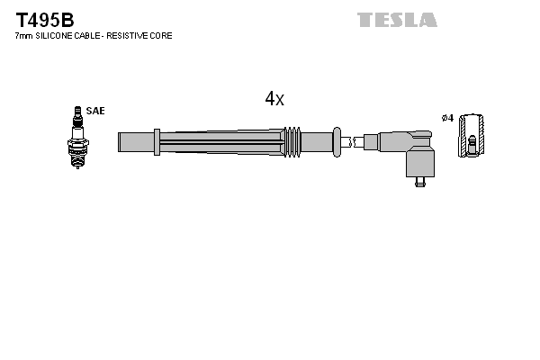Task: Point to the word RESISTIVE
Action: pyautogui.click(x=132, y=36)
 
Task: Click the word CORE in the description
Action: pyautogui.click(x=162, y=36)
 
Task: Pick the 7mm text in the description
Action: pyautogui.click(x=23, y=36)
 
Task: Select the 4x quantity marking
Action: pyautogui.click(x=274, y=100)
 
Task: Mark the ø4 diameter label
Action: pyautogui.click(x=447, y=117)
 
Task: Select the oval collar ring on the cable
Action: pyautogui.click(x=337, y=141)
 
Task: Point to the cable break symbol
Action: pyautogui.click(x=357, y=141)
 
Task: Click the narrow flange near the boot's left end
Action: pyautogui.click(x=157, y=141)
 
